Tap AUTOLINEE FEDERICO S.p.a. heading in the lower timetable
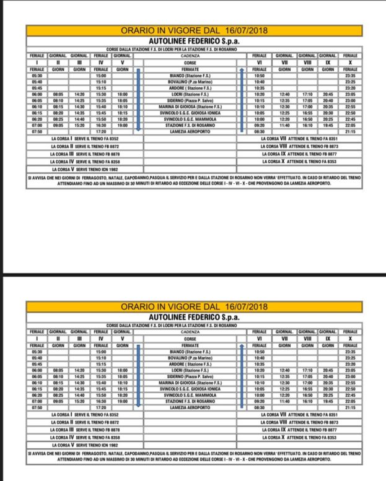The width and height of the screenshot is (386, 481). click(194, 316)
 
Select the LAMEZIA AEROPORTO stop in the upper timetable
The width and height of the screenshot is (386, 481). click(190, 131)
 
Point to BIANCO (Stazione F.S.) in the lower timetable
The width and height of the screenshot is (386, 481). click(190, 351)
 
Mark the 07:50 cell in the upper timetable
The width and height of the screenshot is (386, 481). click(37, 131)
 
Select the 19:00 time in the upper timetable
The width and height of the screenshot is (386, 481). click(122, 125)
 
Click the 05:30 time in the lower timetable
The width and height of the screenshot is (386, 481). click(37, 351)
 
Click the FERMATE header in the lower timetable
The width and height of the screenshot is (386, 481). click(190, 345)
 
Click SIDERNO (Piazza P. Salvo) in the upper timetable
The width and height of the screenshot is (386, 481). click(190, 100)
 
